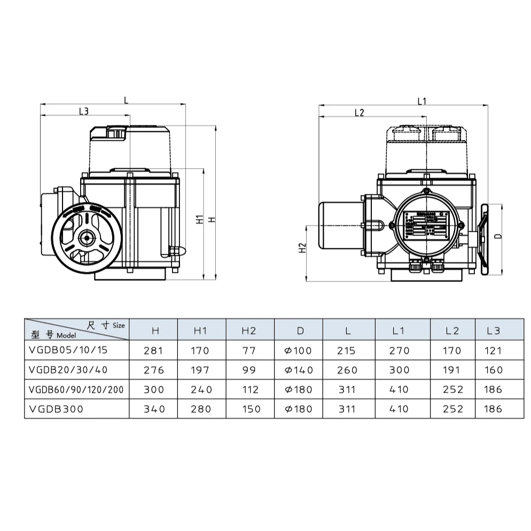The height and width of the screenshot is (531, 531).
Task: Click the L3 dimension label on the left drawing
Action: click(83, 111)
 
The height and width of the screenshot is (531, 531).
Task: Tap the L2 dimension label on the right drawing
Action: click(359, 112)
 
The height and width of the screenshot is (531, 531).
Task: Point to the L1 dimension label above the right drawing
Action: click(421, 101)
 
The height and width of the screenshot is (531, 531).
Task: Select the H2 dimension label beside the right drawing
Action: click(302, 248)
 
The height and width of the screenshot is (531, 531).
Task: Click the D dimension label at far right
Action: click(497, 236)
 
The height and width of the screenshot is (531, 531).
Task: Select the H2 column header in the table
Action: click(249, 331)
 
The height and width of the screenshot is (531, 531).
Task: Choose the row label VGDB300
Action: click(57, 409)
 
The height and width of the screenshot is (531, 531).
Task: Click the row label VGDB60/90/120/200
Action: click(77, 389)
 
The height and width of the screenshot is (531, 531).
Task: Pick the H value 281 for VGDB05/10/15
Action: click(154, 351)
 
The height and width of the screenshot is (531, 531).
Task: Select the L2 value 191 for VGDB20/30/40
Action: click(452, 370)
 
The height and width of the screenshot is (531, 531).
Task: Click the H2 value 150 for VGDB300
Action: click(251, 409)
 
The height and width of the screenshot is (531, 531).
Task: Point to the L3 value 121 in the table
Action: click(495, 351)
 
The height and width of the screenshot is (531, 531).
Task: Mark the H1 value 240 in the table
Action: click(201, 389)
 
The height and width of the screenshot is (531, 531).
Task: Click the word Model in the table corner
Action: click(67, 336)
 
